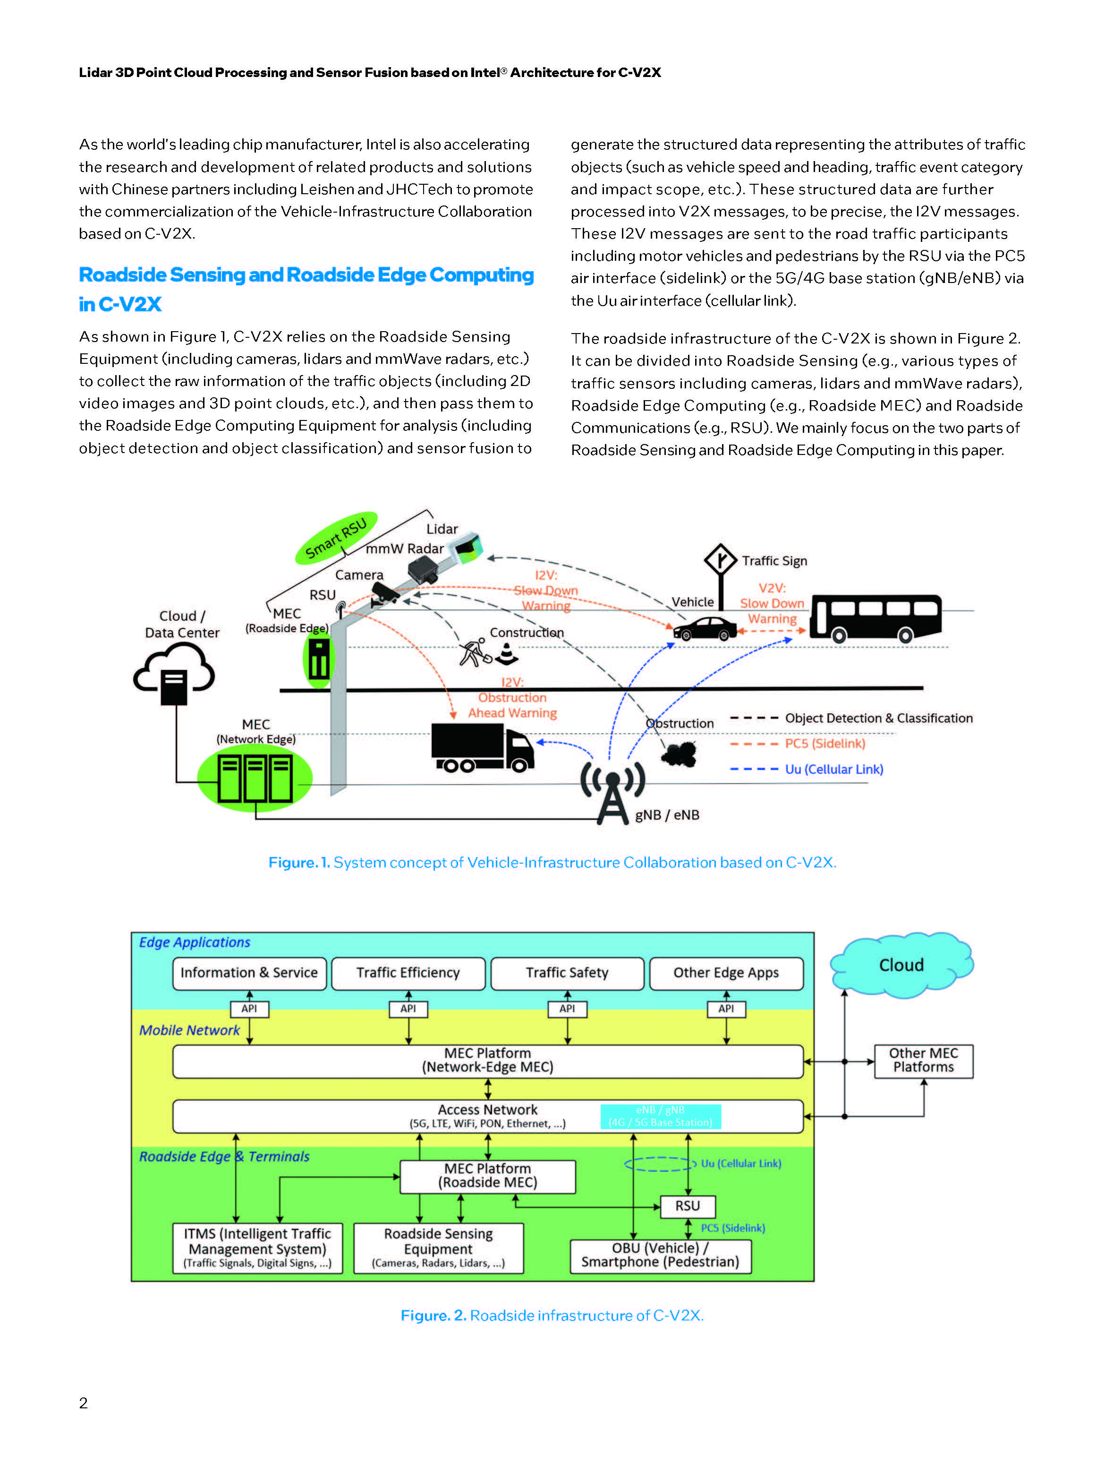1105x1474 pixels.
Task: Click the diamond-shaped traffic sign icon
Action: [720, 559]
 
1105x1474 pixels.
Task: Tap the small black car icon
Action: [704, 628]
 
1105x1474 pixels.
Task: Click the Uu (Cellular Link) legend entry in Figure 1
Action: [833, 769]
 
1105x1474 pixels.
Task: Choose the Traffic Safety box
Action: [567, 973]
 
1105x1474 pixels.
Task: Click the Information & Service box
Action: [249, 973]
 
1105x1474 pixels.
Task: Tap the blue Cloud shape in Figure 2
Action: [901, 964]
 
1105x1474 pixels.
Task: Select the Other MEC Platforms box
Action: [923, 1060]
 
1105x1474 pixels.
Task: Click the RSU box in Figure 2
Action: [688, 1206]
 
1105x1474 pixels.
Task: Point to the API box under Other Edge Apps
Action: [726, 1009]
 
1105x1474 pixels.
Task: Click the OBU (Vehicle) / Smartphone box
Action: [660, 1255]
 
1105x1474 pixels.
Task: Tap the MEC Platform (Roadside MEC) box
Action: [487, 1176]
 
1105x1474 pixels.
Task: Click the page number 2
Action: [83, 1403]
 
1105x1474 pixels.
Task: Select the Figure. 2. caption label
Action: [433, 1315]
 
